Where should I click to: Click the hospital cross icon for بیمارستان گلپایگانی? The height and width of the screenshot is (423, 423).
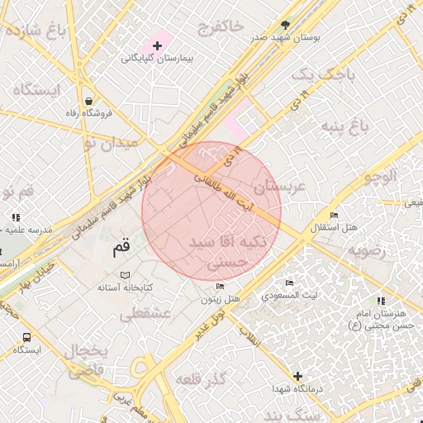click(158, 45)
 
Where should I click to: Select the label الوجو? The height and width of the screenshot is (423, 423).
click(379, 175)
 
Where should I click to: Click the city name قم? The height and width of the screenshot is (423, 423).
click(121, 246)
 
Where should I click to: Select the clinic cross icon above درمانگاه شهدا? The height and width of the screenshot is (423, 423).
click(297, 376)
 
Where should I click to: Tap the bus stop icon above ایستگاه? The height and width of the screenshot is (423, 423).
click(27, 337)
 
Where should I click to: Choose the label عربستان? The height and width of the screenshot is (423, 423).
click(280, 188)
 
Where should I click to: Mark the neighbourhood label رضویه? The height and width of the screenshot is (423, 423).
click(366, 250)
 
